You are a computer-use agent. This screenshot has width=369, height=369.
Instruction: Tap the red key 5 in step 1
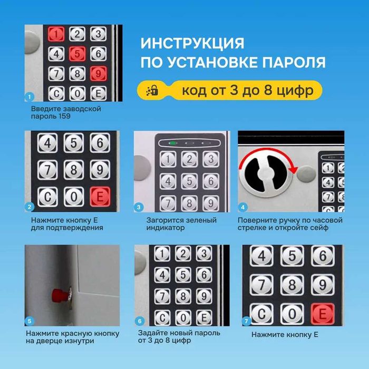(77, 54)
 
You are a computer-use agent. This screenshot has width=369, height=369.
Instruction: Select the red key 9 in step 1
(96, 73)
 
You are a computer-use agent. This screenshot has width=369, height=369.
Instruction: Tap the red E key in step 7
(321, 314)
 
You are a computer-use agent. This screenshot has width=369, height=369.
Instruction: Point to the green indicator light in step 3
(172, 143)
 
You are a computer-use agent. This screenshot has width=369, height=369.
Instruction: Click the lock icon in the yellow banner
(152, 90)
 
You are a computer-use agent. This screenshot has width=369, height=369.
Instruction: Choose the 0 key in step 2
(74, 197)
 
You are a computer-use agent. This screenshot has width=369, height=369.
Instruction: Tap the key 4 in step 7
(261, 256)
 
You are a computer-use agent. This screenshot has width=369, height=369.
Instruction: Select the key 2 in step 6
(182, 254)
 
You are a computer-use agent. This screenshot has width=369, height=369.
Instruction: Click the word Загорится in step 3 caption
(163, 220)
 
